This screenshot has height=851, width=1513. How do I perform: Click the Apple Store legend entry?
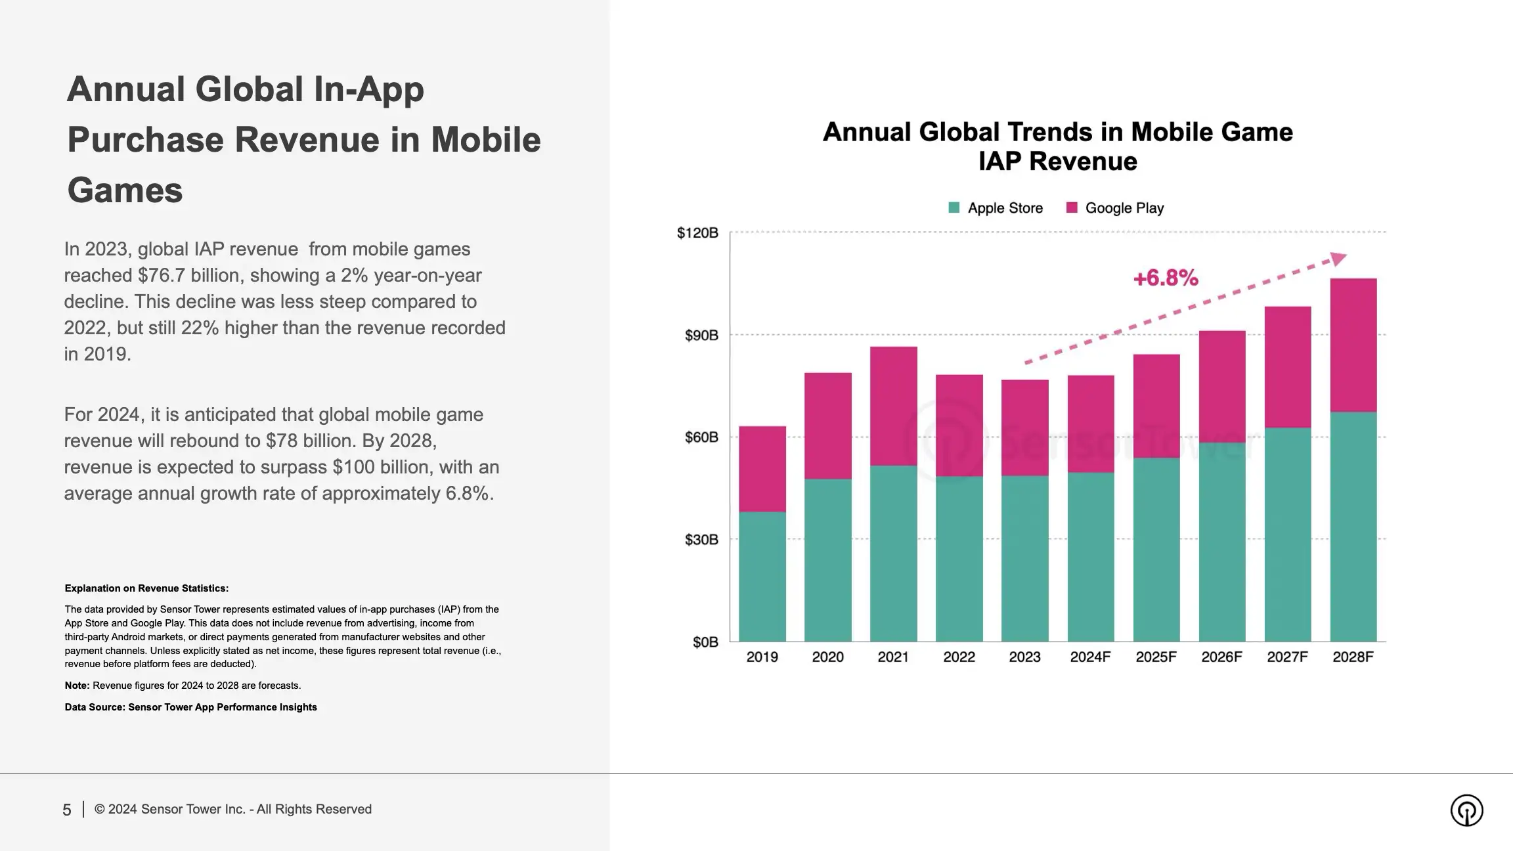tap(996, 208)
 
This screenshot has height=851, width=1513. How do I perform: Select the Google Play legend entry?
tap(1115, 208)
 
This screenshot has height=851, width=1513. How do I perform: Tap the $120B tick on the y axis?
tap(697, 233)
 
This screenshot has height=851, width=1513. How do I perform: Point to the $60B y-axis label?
tap(701, 437)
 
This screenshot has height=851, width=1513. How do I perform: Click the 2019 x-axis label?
tap(762, 657)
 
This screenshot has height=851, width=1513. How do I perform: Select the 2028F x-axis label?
tap(1353, 657)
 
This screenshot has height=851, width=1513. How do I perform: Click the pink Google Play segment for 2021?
tap(893, 406)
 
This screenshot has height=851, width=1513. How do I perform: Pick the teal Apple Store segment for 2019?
tap(762, 577)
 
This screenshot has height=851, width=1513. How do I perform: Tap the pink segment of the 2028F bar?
tap(1353, 345)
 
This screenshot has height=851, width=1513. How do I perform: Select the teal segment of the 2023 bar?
tap(1024, 558)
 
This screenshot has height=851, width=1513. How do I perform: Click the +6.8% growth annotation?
tap(1166, 278)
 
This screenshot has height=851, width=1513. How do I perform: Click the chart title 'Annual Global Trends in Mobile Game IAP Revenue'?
tap(1057, 146)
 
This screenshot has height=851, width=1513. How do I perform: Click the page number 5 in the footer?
tap(66, 810)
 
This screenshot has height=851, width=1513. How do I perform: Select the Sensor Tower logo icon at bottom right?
tap(1466, 810)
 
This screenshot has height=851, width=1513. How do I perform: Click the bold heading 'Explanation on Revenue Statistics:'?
tap(146, 588)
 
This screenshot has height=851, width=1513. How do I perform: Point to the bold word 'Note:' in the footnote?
tap(77, 686)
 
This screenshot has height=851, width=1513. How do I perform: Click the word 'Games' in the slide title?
tap(125, 190)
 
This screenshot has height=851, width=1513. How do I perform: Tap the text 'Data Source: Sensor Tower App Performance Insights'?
tap(190, 707)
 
